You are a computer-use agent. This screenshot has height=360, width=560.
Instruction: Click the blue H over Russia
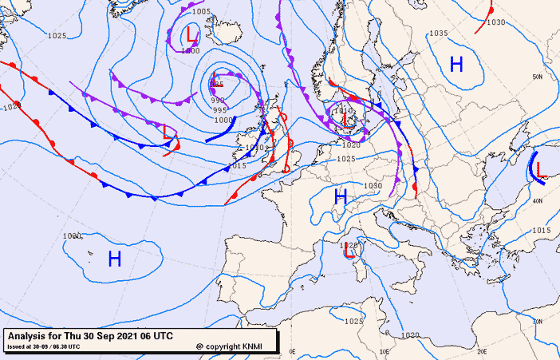(x=456, y=65)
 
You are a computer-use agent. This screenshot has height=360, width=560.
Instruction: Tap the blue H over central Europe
(x=341, y=196)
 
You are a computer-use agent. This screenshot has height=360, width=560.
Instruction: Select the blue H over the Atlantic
(x=115, y=258)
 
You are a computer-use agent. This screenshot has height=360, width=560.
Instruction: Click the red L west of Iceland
(x=191, y=34)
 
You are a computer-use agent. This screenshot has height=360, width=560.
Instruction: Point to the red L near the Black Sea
(x=541, y=170)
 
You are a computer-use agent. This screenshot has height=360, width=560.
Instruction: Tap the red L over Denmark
(x=348, y=120)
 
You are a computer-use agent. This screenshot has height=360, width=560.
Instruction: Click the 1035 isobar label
(x=438, y=34)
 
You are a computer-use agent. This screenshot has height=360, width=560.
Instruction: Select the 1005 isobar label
(x=202, y=12)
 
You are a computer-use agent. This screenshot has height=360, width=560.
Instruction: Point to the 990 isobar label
(x=219, y=101)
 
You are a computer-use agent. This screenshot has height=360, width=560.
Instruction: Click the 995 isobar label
(x=221, y=110)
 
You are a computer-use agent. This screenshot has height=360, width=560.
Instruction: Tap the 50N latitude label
(x=538, y=77)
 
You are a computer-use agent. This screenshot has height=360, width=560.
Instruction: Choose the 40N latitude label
(x=539, y=200)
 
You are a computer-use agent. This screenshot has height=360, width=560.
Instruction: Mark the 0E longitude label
(x=292, y=350)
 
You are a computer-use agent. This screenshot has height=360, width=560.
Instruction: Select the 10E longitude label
(x=386, y=350)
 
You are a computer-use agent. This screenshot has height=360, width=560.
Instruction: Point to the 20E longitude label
(x=481, y=350)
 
